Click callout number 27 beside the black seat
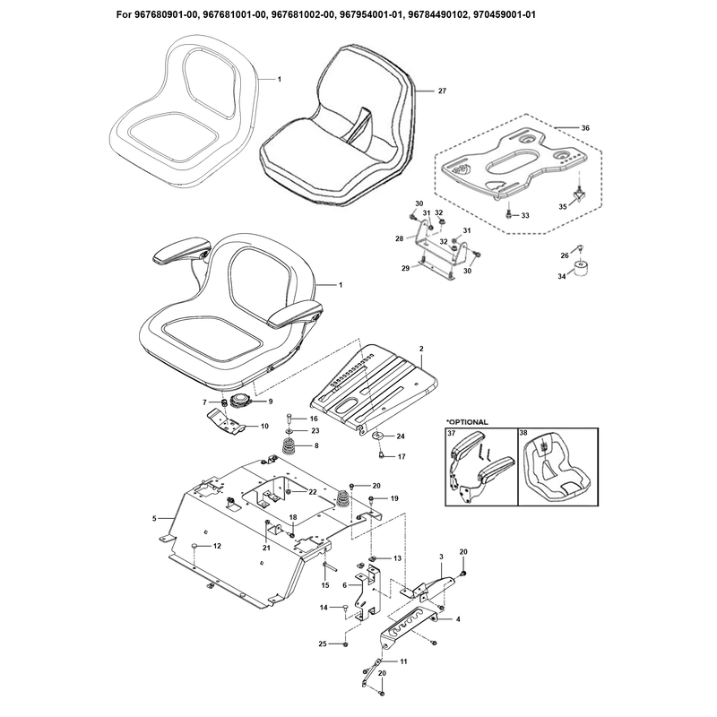442,91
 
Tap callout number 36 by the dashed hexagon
585,128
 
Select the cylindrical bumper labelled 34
581,269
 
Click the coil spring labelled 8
289,445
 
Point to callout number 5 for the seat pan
154,519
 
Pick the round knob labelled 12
194,546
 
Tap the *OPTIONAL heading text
467,422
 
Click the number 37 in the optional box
452,432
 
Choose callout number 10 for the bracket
264,427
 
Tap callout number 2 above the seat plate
421,349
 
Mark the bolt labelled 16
289,419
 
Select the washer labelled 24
378,435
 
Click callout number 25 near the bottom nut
323,644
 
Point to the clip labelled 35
580,195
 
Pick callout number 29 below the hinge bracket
406,268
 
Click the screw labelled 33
508,214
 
